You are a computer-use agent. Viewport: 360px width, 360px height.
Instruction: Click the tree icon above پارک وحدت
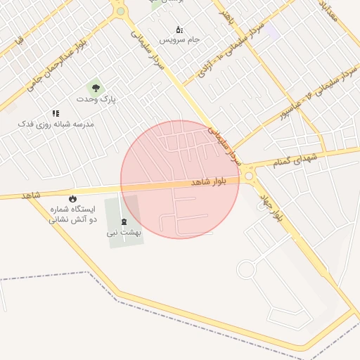click(96, 88)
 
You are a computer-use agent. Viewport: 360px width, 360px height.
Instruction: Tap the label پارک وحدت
click(101, 100)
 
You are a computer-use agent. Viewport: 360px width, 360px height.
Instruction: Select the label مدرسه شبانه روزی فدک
click(56, 124)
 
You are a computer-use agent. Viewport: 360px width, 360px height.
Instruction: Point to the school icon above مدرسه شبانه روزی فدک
click(56, 112)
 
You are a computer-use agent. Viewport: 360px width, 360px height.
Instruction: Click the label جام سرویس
click(179, 40)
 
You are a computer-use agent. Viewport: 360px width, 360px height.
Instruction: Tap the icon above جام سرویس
click(179, 30)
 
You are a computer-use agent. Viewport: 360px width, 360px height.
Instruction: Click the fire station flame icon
click(72, 198)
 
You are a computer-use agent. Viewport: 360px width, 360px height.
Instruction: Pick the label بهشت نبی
click(124, 232)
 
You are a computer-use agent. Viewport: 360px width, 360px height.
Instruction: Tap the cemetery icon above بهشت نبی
click(124, 221)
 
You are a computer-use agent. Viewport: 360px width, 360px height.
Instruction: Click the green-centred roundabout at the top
click(120, 11)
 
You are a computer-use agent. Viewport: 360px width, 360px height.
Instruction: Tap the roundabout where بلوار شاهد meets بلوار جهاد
click(249, 176)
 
